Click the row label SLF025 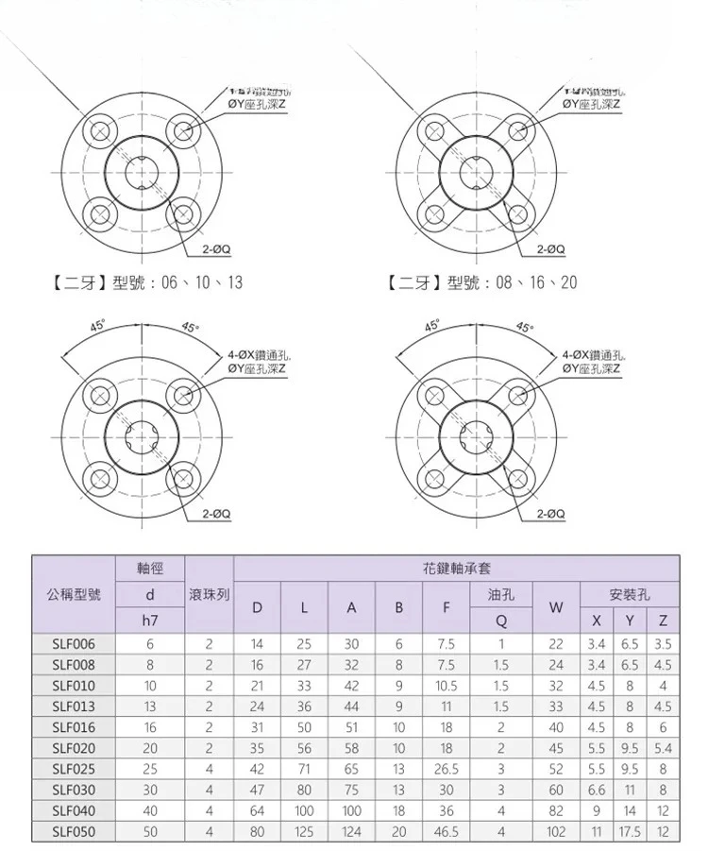(x=74, y=769)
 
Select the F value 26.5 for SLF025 (x=447, y=769)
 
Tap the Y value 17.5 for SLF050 (x=630, y=832)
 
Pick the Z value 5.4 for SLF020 (x=664, y=748)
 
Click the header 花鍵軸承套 (x=456, y=569)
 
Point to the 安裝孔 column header (x=630, y=595)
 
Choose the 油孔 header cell (x=501, y=595)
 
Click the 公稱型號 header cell (x=74, y=595)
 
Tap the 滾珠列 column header (x=210, y=595)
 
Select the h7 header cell (x=150, y=621)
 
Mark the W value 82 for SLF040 (x=555, y=811)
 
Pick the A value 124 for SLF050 (x=351, y=832)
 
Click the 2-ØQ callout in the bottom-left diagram (x=217, y=513)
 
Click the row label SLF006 (x=74, y=644)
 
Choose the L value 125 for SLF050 (x=304, y=832)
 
